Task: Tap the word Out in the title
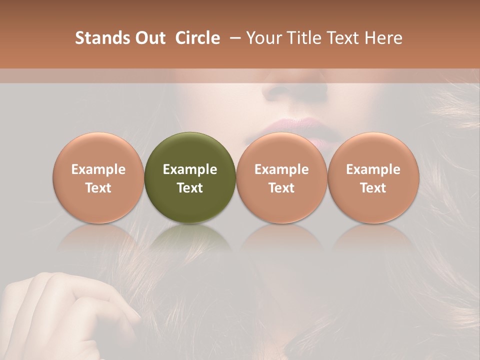(149, 38)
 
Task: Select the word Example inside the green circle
(190, 169)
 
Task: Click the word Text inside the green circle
(190, 188)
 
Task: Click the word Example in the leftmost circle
(98, 169)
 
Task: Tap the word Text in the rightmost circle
(373, 188)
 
